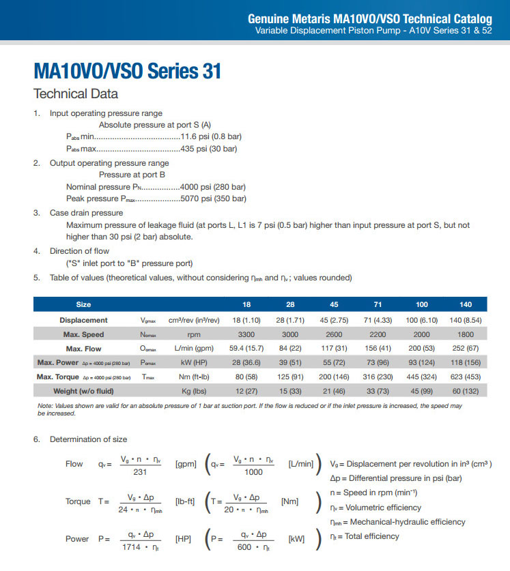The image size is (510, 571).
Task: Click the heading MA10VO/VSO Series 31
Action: point(127,71)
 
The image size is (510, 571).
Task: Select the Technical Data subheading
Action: point(76,94)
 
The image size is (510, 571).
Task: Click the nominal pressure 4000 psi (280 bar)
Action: point(212,186)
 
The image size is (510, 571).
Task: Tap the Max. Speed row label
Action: point(83,334)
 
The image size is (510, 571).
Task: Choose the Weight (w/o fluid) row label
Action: point(83,391)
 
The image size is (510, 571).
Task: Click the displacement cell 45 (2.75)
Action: point(331,320)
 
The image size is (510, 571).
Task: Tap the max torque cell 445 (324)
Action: point(423,377)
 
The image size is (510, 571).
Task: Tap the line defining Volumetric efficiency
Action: point(376,508)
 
